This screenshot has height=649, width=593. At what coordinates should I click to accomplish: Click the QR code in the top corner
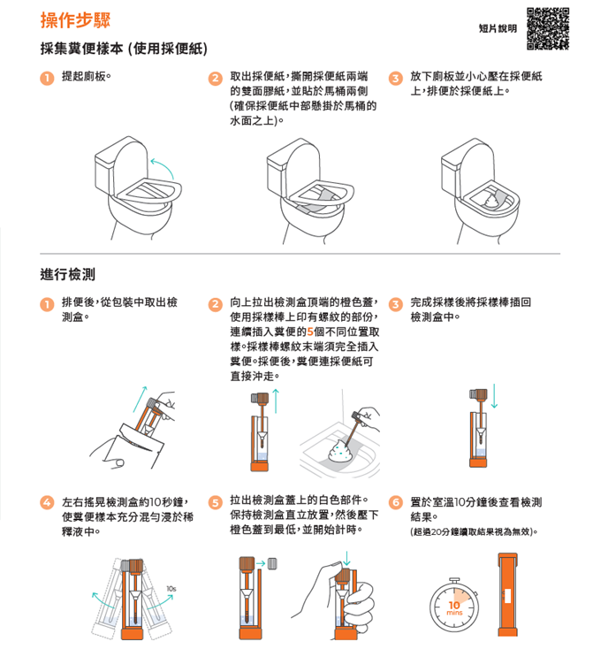pyautogui.click(x=547, y=28)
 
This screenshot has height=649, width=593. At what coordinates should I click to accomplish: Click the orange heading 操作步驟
pyautogui.click(x=75, y=19)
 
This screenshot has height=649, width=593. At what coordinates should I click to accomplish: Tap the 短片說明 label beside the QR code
pyautogui.click(x=498, y=28)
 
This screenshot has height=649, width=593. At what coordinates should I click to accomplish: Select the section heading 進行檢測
pyautogui.click(x=67, y=274)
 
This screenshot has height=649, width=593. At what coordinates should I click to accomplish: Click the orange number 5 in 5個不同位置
pyautogui.click(x=310, y=332)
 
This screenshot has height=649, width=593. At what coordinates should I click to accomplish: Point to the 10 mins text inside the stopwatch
pyautogui.click(x=454, y=607)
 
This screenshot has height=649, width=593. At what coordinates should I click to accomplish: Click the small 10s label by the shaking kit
pyautogui.click(x=171, y=589)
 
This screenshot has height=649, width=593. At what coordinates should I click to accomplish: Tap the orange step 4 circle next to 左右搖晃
pyautogui.click(x=47, y=502)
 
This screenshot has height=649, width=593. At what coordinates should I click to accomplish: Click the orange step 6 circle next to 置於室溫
pyautogui.click(x=396, y=502)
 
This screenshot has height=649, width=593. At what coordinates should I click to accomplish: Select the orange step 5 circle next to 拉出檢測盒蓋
pyautogui.click(x=215, y=502)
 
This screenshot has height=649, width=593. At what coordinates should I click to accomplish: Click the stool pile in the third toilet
pyautogui.click(x=491, y=201)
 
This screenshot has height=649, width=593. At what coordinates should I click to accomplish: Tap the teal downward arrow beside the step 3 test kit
pyautogui.click(x=494, y=396)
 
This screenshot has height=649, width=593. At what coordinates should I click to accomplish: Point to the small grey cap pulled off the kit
pyautogui.click(x=272, y=563)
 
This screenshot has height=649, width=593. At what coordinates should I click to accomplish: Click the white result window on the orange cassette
pyautogui.click(x=508, y=596)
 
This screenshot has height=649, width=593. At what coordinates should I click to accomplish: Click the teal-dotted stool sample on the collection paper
pyautogui.click(x=341, y=451)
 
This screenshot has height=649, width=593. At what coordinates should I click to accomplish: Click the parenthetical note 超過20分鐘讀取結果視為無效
pyautogui.click(x=474, y=531)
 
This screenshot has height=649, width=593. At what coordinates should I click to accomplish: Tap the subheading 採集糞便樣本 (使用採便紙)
pyautogui.click(x=124, y=49)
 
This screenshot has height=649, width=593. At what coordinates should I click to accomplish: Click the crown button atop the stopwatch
pyautogui.click(x=454, y=580)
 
